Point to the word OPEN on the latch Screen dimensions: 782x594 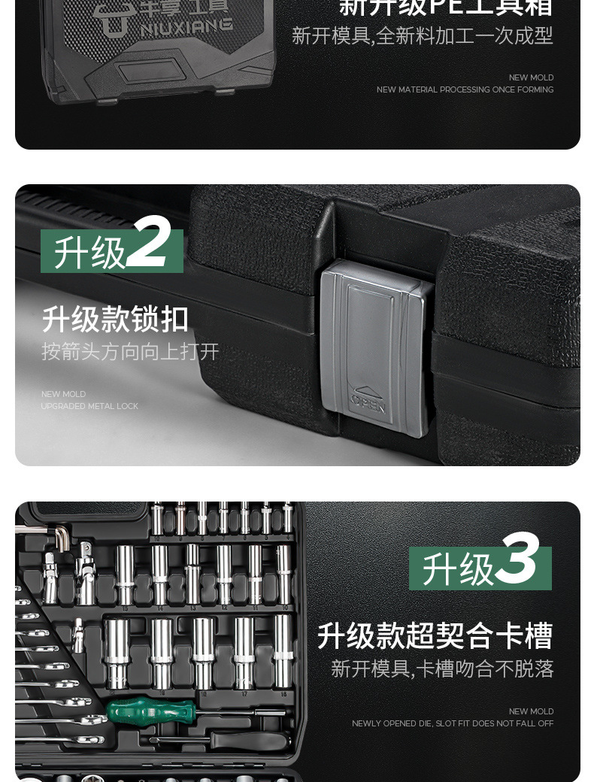[x=368, y=405]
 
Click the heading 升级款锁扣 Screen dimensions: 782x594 [x=115, y=319]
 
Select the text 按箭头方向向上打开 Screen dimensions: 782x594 [x=130, y=351]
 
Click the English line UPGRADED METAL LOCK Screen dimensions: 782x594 [x=89, y=406]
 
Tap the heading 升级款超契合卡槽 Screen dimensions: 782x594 [x=435, y=635]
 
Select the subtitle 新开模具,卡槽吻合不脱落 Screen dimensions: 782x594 [x=442, y=668]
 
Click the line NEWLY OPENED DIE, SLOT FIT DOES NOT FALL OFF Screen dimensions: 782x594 [x=453, y=723]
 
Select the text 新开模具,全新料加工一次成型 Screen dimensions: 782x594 [x=422, y=35]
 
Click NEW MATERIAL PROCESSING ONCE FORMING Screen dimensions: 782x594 [x=465, y=89]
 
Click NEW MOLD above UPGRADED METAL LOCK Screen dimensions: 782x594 [x=63, y=394]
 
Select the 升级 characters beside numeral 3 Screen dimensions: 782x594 [x=457, y=570]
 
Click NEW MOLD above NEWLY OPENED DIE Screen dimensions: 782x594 [x=531, y=711]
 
